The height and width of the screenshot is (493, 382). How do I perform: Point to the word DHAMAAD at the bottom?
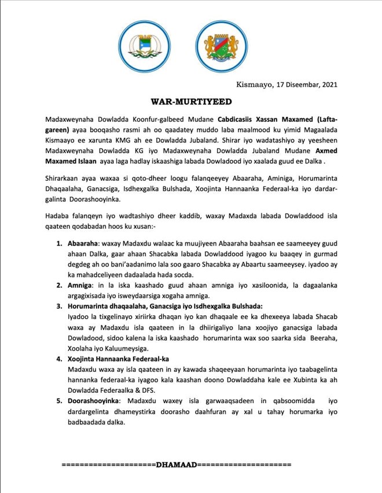coord(177,465)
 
